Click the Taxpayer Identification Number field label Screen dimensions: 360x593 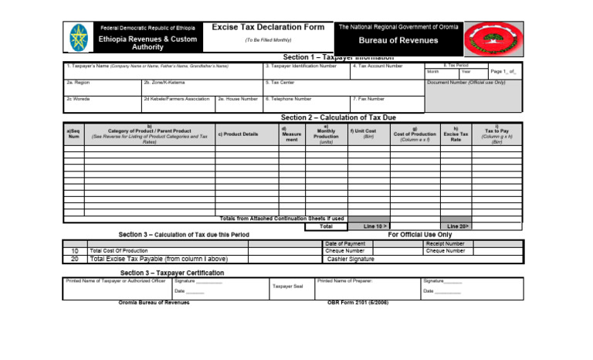coord(300,66)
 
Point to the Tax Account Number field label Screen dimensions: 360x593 coord(378,66)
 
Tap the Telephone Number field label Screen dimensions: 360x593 coord(288,99)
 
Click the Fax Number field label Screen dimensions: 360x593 coord(369,99)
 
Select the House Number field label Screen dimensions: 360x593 coord(238,99)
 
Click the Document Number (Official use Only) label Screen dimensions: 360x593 coord(466,81)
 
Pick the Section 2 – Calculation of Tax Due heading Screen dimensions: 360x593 coord(338,117)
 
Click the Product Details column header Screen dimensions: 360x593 coord(238,134)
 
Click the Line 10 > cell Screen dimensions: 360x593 coord(370,226)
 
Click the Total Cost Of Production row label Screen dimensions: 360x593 coord(119,251)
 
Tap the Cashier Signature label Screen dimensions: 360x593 coord(351,260)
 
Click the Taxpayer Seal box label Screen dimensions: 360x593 coord(288,286)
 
